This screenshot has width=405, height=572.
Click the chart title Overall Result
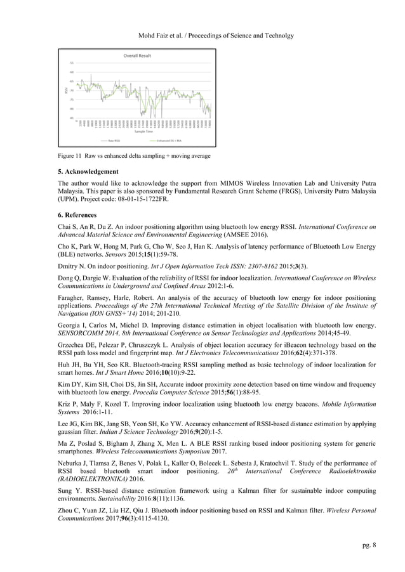click(x=136, y=56)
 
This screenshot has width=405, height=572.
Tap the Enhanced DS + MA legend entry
click(x=169, y=141)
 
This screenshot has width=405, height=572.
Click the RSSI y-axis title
click(x=66, y=91)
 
